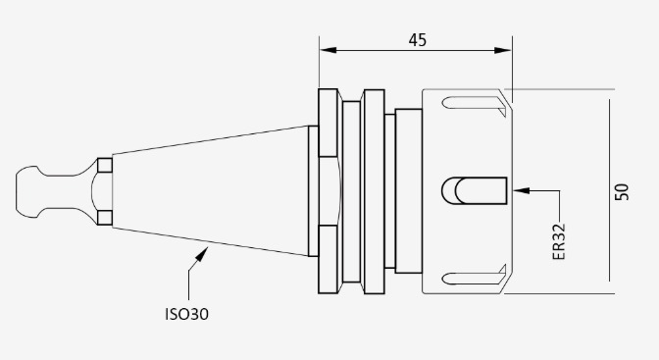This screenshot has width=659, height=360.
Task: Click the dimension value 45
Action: pos(418,40)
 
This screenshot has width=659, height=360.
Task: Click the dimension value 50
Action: pos(622,192)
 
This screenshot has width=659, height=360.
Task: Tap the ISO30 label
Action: pos(186,314)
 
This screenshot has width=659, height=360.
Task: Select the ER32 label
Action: pos(559,242)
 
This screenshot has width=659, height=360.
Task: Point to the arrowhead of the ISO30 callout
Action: pos(202,254)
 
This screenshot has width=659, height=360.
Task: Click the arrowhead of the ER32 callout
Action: pos(522,190)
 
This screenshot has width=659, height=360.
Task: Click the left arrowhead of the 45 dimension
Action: pos(328,50)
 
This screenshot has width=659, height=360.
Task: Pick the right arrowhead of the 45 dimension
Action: pos(503,50)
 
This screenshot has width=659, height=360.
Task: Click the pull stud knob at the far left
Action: pos(27,192)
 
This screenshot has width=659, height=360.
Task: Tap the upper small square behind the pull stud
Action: pos(105,165)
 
